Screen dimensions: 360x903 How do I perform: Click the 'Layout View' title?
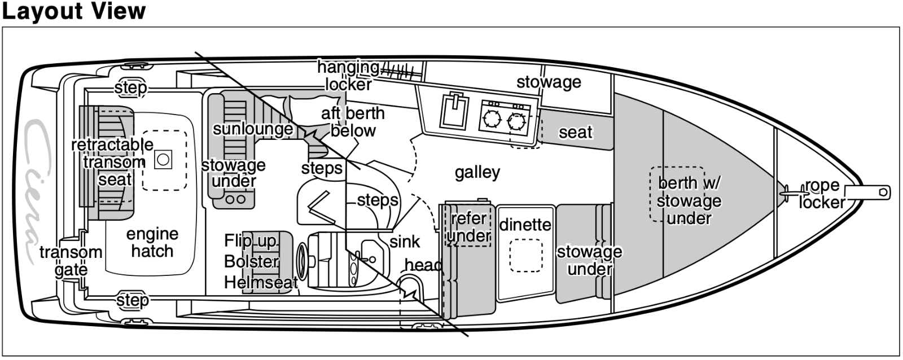click(x=74, y=11)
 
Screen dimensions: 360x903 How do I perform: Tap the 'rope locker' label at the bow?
click(x=822, y=194)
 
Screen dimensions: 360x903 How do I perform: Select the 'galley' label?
click(x=477, y=172)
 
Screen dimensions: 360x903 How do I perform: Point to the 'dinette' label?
click(x=525, y=225)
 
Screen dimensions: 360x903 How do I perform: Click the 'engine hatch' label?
click(x=152, y=242)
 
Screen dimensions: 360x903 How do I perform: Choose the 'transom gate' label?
click(x=71, y=261)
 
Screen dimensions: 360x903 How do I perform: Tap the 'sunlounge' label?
click(x=252, y=129)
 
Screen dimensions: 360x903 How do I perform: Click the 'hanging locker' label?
click(x=348, y=76)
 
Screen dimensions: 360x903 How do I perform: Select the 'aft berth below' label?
click(x=353, y=121)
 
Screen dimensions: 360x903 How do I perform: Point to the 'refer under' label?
click(x=469, y=226)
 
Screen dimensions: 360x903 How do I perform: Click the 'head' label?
click(x=423, y=265)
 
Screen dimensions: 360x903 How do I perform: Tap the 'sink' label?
click(x=405, y=242)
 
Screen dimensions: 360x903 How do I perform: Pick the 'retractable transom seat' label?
click(x=112, y=162)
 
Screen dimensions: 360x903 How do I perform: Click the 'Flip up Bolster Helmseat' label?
click(x=260, y=261)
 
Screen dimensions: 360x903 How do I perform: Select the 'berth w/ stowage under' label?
click(x=689, y=200)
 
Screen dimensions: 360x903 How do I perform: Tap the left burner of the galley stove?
click(x=489, y=120)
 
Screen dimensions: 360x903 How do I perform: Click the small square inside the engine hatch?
click(x=163, y=159)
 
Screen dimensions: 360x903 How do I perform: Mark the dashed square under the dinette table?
click(x=526, y=256)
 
